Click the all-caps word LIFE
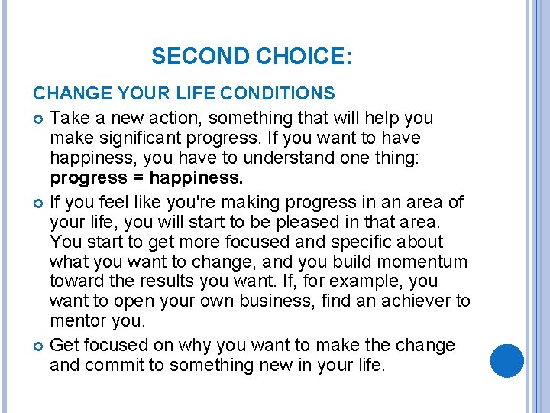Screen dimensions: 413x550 click(x=196, y=94)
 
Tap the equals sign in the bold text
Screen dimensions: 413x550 click(x=134, y=179)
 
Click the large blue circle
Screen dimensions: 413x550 click(x=506, y=361)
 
